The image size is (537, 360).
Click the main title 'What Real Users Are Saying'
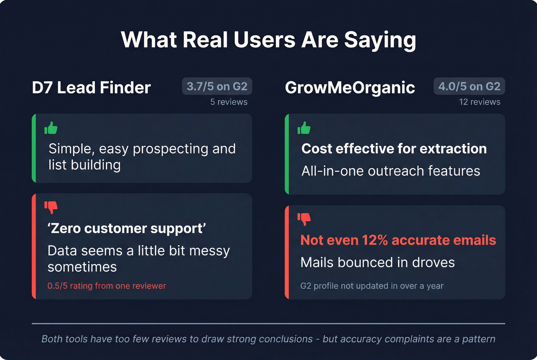pos(268,40)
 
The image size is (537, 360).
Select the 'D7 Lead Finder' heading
pos(91,88)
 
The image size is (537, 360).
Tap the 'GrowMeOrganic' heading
pos(350,88)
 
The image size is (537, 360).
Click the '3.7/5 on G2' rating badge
pos(217,87)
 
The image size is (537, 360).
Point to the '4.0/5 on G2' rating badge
pos(469,87)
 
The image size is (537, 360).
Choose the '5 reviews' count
pos(229,102)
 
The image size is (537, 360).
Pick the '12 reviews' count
pos(479,102)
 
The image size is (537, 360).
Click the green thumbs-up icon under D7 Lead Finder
pos(51,128)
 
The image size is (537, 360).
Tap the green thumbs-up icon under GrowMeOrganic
pos(304,128)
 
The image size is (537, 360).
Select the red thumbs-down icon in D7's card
pos(51,207)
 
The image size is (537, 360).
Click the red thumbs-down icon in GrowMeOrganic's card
pos(304,219)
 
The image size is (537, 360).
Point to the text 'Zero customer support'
pos(127,228)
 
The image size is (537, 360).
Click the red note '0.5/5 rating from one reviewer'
pos(107,286)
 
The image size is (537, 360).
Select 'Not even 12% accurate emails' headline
pos(398,240)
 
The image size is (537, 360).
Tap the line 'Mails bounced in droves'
pos(377,263)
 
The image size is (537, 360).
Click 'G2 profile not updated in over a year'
pos(372,286)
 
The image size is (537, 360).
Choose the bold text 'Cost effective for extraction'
pos(394,149)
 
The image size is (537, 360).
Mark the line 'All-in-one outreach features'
pos(390,171)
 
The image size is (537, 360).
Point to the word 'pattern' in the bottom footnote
pos(479,339)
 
